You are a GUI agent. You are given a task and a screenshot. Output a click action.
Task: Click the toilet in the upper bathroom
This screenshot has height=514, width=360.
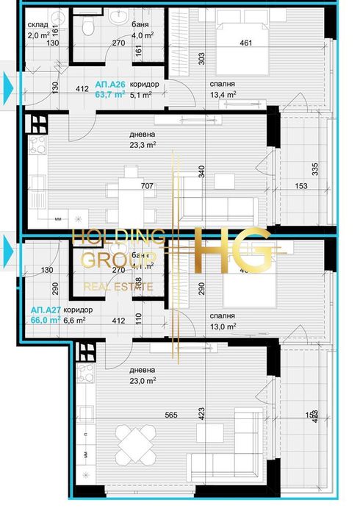(88, 27)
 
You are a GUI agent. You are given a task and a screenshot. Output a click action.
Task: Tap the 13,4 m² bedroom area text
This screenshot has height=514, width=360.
(221, 94)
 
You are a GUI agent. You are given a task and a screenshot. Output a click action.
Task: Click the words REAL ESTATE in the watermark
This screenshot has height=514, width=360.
(120, 286)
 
